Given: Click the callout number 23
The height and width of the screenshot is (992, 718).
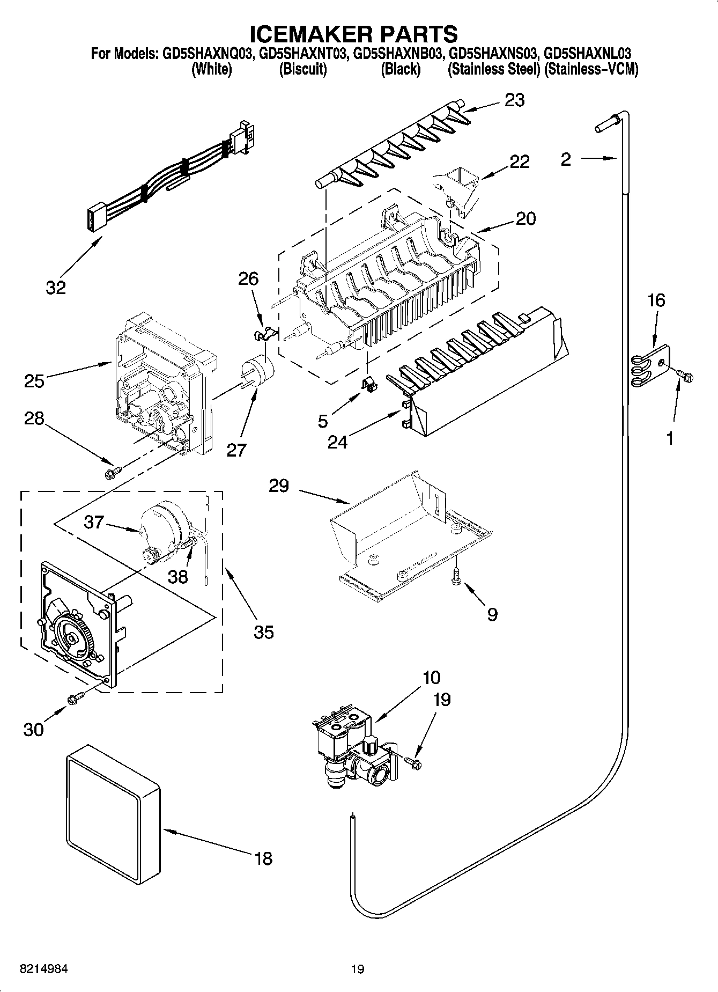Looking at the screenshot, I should [514, 100].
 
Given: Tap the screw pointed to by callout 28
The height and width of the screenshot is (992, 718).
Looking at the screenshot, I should [113, 472].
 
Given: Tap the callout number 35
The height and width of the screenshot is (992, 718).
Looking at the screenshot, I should [263, 631].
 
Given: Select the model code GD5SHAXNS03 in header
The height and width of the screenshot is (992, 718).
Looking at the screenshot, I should [493, 54].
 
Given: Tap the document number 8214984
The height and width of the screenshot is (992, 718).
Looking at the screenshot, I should [44, 969].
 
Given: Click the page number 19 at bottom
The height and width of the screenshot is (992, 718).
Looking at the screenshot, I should [358, 969].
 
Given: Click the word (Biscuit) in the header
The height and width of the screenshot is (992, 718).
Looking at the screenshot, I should [303, 70].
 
